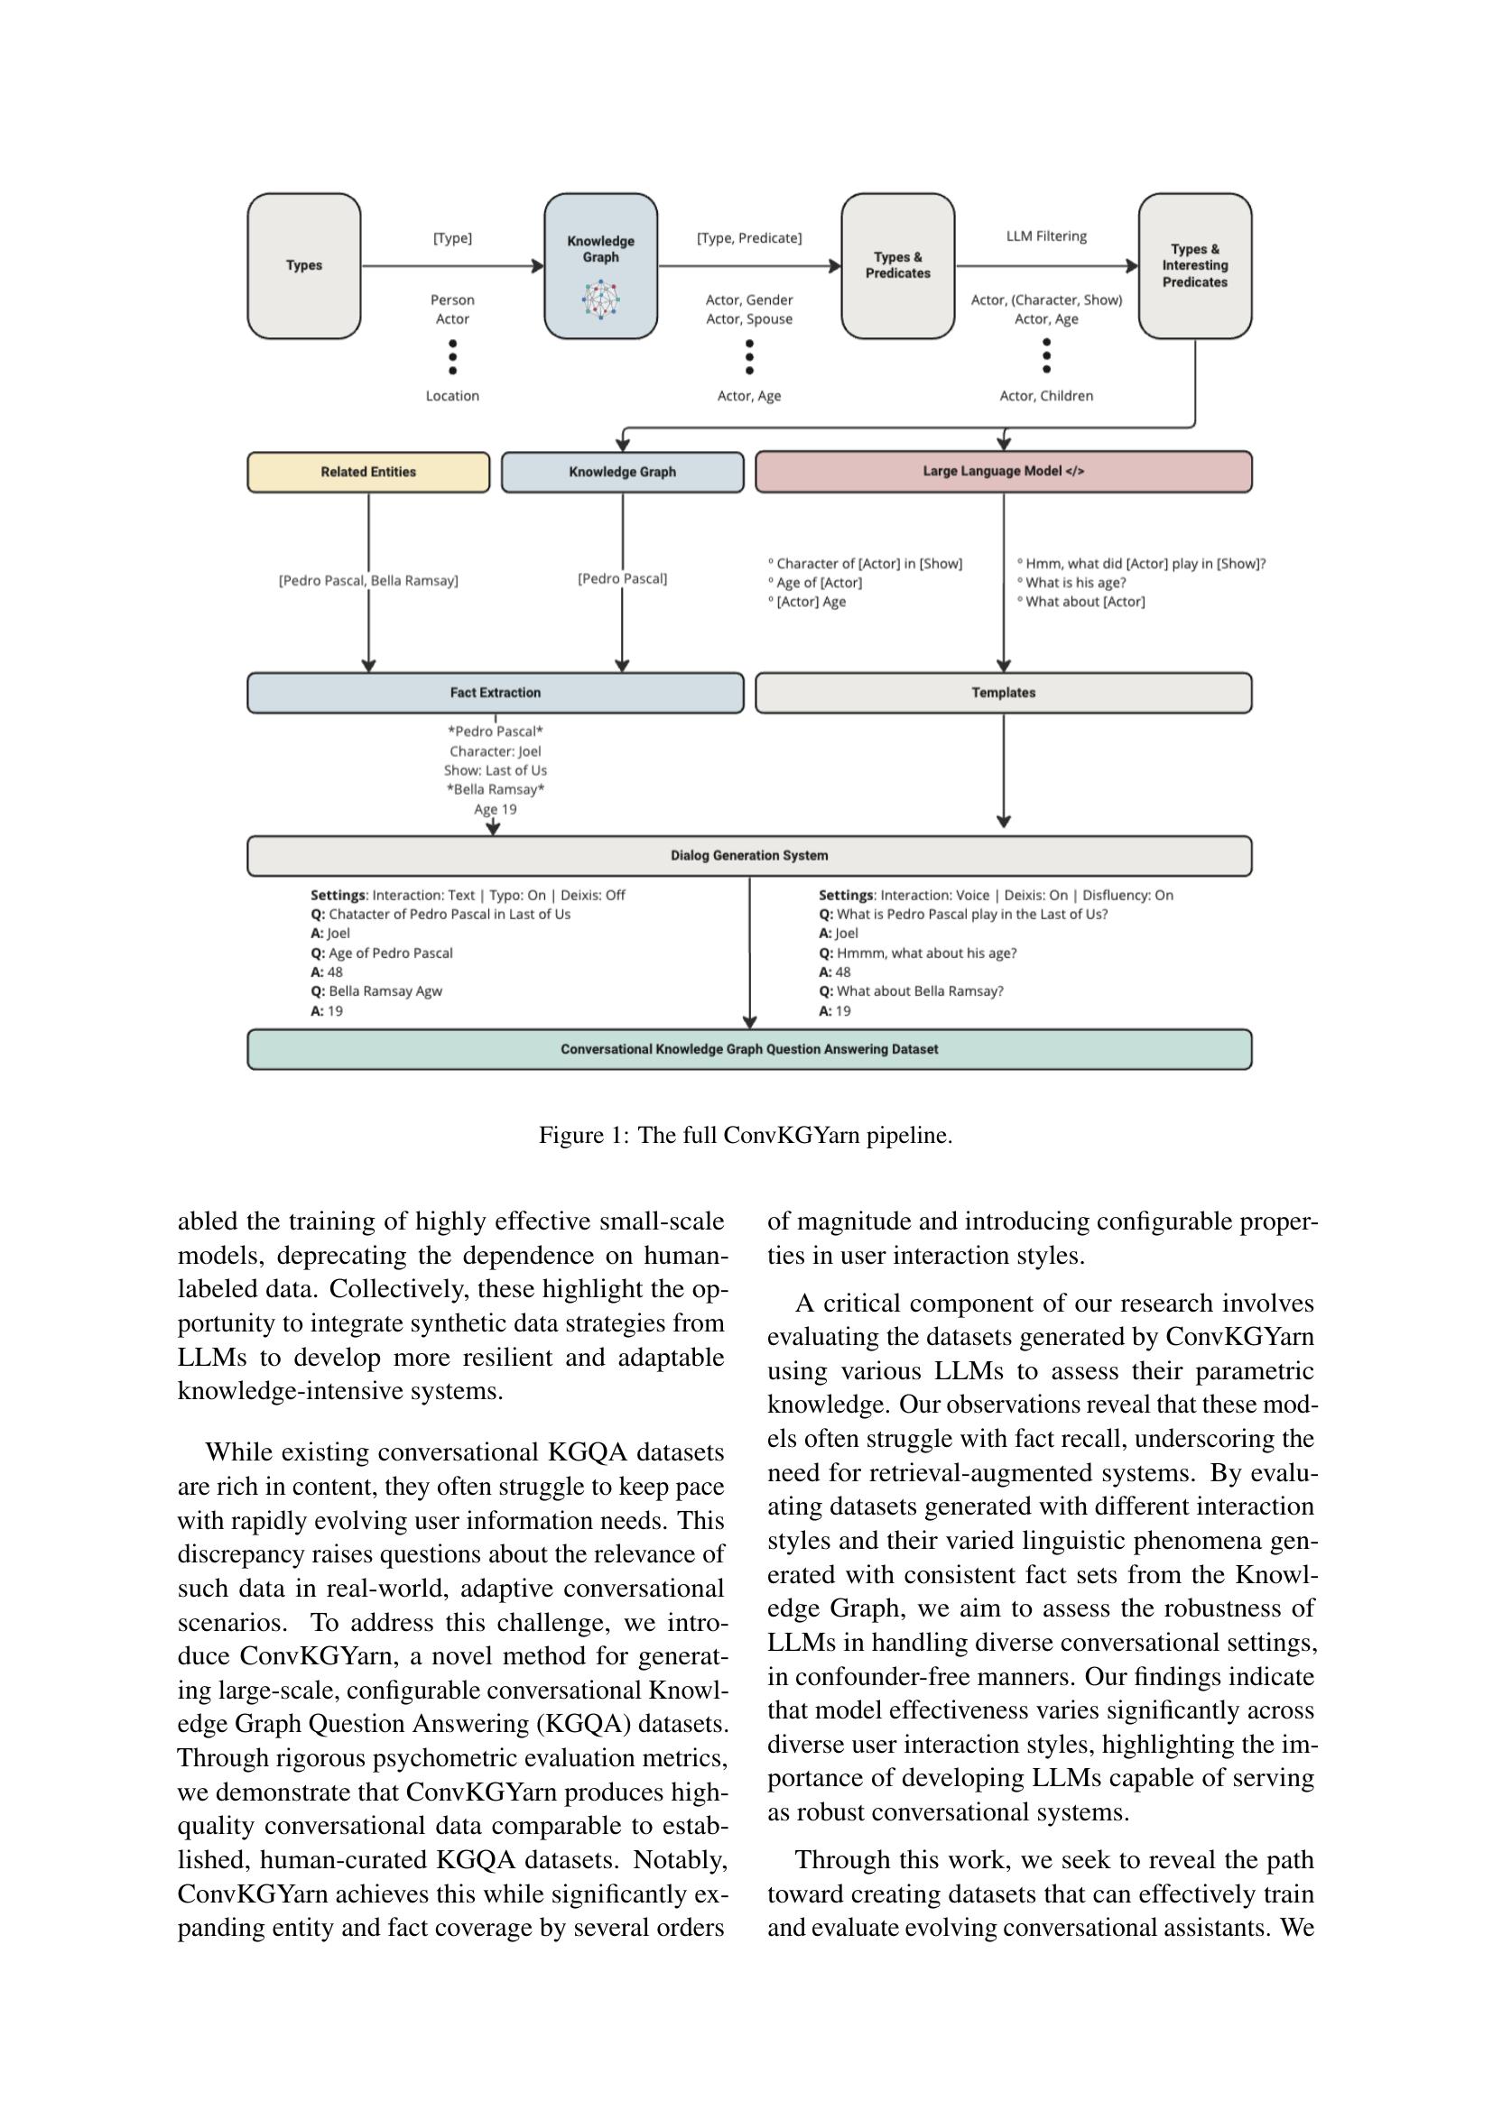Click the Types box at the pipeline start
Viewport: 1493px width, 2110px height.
click(x=303, y=265)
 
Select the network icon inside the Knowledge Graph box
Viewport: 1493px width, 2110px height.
click(x=600, y=299)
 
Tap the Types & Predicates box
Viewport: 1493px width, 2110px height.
click(x=897, y=265)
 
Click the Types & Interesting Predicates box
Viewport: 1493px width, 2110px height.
click(x=1194, y=265)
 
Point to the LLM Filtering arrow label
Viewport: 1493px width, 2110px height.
click(x=1046, y=236)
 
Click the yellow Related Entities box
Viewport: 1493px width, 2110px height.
click(x=367, y=472)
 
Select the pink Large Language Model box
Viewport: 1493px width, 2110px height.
click(x=1003, y=472)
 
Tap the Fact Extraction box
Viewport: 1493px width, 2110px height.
click(x=495, y=693)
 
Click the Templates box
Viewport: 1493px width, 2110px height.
click(x=1003, y=693)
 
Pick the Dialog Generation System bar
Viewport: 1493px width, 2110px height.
click(x=748, y=855)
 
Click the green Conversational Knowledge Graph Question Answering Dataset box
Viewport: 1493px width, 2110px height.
click(x=748, y=1049)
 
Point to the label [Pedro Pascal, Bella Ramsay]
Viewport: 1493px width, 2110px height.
click(x=367, y=581)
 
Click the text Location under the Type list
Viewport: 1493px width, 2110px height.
click(x=452, y=396)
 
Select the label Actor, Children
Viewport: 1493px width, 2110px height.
click(x=1046, y=396)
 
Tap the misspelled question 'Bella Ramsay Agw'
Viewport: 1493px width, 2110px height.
click(x=385, y=991)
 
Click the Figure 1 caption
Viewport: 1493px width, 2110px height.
click(x=746, y=1135)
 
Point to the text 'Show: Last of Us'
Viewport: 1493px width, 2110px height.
click(x=495, y=770)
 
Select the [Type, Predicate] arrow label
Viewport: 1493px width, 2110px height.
click(x=748, y=238)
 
